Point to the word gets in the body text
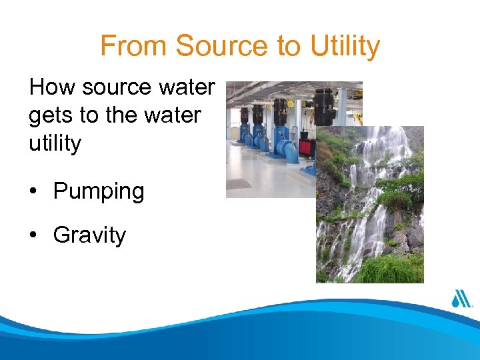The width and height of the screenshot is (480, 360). [x=51, y=115]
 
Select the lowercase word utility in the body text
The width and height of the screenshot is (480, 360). [x=55, y=143]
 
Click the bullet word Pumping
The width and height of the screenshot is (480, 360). [x=99, y=192]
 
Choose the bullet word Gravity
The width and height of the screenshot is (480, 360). [x=89, y=235]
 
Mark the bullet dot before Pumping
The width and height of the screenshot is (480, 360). [x=33, y=192]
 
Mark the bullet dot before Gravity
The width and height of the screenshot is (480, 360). [x=33, y=235]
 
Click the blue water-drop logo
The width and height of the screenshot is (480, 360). [x=460, y=299]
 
